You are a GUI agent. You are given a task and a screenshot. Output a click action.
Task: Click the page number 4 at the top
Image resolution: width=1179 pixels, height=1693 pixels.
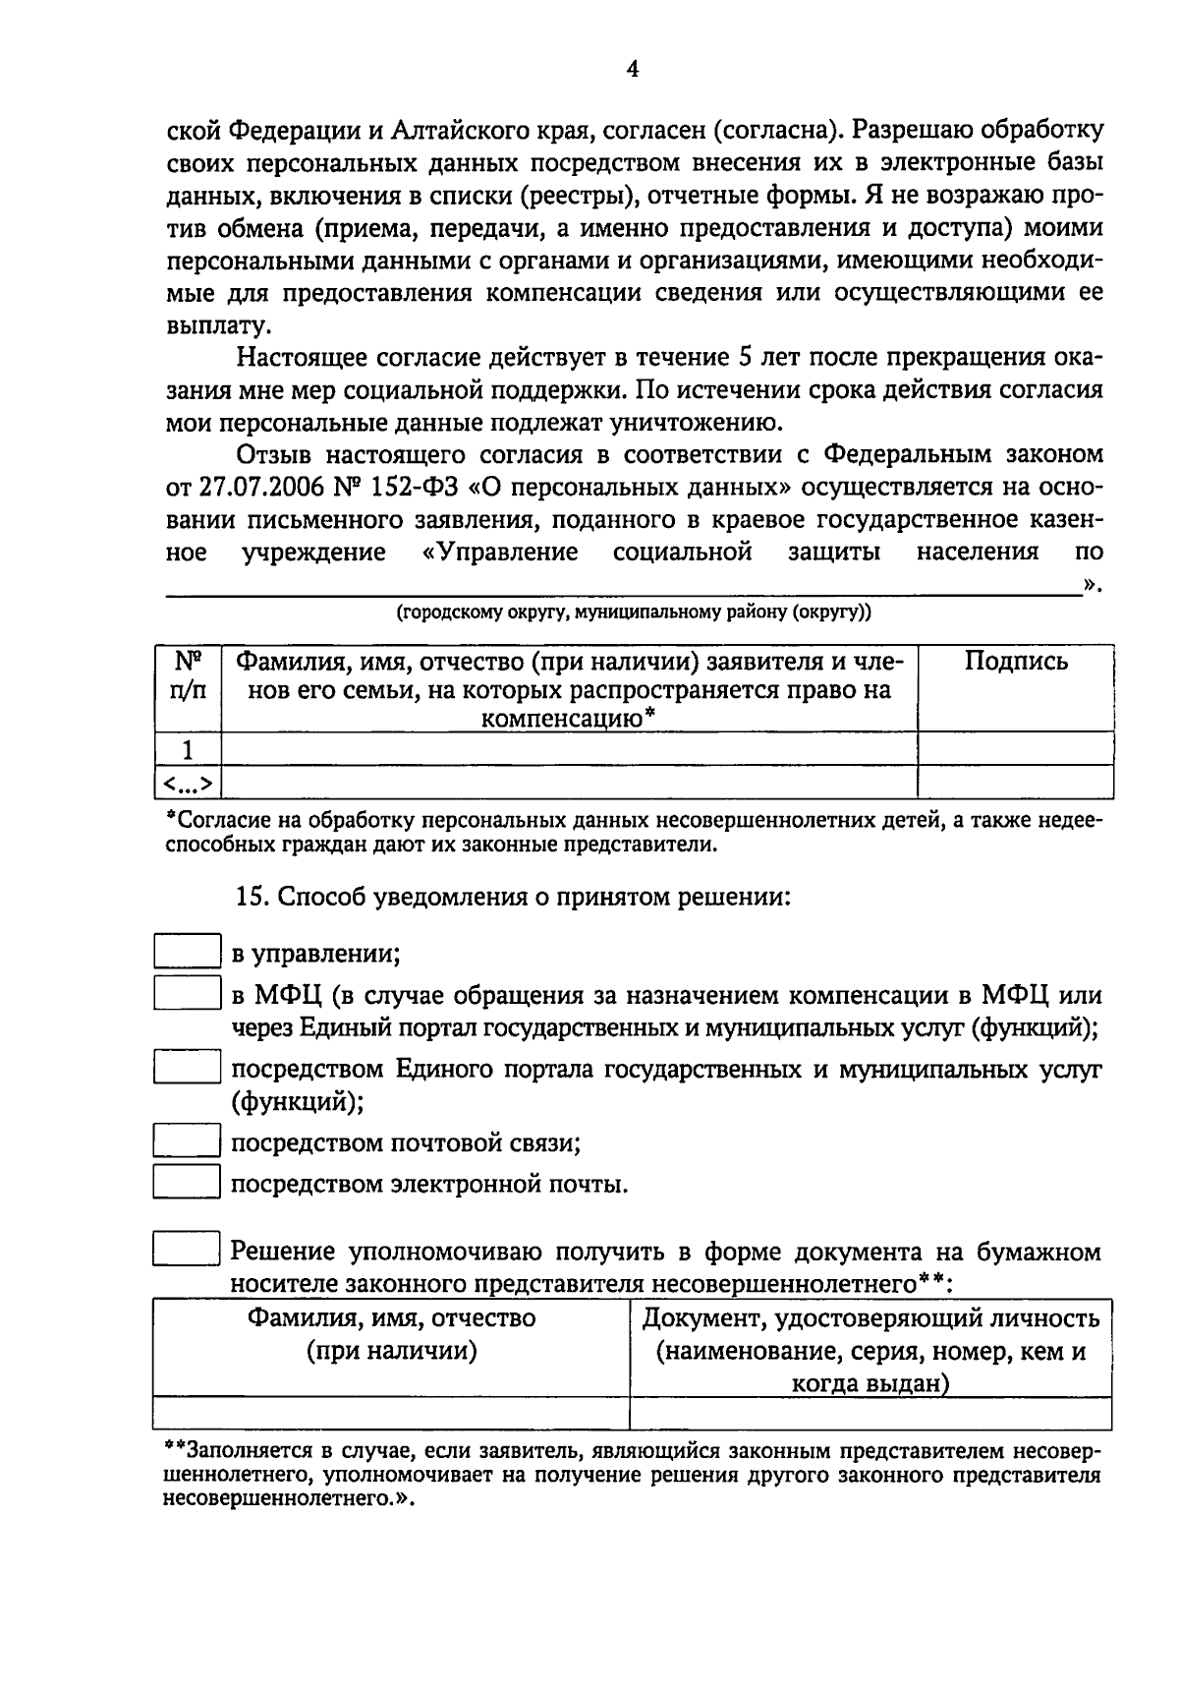point(632,69)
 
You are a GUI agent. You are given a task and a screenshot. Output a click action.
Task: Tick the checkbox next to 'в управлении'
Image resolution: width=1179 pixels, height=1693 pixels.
point(186,952)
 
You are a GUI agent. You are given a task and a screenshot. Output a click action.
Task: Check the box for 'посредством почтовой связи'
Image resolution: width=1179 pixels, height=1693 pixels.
point(186,1140)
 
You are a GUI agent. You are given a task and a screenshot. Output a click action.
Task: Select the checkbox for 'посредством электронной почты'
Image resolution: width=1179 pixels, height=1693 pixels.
point(186,1181)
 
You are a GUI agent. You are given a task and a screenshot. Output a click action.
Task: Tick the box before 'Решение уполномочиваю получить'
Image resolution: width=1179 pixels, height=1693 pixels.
point(186,1250)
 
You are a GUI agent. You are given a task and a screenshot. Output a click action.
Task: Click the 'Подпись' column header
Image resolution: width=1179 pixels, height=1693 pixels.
point(1015,662)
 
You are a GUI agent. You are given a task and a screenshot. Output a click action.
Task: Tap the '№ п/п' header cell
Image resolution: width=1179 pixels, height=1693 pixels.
point(189,675)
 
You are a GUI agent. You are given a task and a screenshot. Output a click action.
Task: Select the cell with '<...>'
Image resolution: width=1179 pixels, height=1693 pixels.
point(189,783)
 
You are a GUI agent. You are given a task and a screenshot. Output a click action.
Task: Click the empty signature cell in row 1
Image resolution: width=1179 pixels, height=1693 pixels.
point(1015,749)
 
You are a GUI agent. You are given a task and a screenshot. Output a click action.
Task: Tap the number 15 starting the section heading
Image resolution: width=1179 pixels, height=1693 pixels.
point(251,897)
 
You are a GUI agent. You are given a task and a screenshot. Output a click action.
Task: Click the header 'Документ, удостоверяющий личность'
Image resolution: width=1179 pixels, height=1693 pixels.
point(870,1318)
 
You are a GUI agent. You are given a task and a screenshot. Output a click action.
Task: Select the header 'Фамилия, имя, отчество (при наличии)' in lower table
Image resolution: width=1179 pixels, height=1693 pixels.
point(391,1334)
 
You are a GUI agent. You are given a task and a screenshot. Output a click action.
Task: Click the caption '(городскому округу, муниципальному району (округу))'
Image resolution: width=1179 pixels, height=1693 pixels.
point(633,613)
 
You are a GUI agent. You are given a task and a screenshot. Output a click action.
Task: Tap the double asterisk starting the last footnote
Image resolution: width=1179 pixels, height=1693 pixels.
point(174,1450)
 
